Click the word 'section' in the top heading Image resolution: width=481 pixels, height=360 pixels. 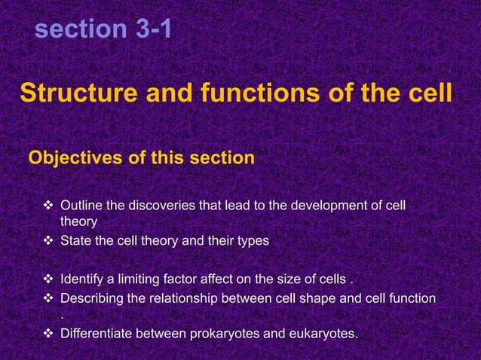click(80, 29)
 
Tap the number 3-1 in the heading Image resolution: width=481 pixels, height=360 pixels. click(153, 29)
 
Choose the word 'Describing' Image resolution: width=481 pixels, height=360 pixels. click(92, 298)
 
